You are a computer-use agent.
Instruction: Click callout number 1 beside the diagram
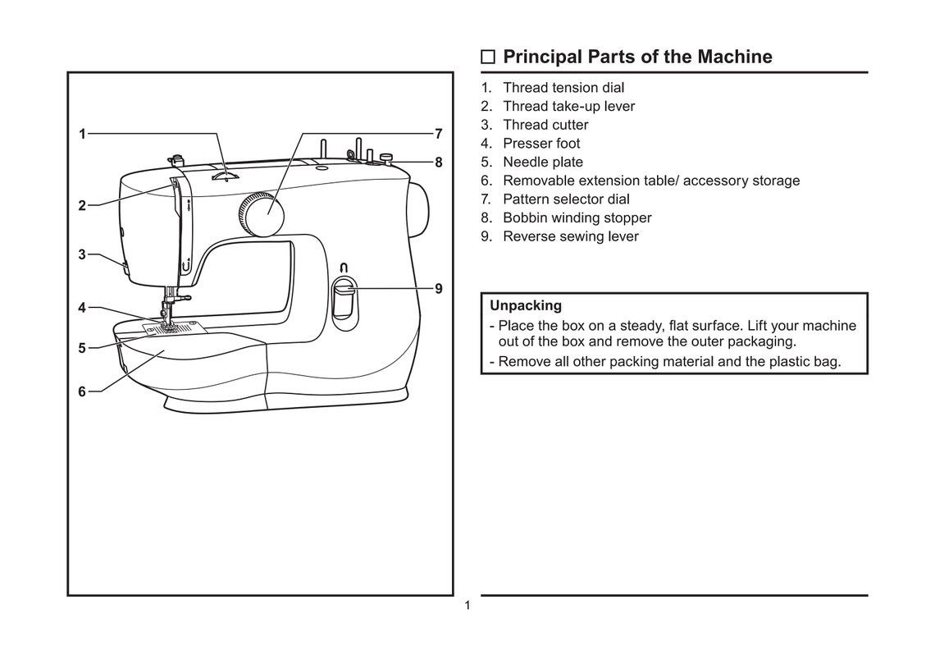[x=82, y=134]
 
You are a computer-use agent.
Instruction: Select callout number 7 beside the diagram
[x=439, y=134]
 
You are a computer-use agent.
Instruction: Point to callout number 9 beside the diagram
[x=439, y=289]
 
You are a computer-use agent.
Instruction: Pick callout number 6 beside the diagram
[x=82, y=391]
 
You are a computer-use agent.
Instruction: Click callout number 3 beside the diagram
[x=82, y=254]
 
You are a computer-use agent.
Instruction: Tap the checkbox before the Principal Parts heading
[x=488, y=57]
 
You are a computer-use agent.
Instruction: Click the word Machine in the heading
[x=734, y=57]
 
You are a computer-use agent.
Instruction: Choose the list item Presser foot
[x=541, y=144]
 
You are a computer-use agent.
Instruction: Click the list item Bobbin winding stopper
[x=577, y=217]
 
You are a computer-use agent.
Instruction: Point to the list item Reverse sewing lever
[x=570, y=236]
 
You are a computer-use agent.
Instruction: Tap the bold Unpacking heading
[x=526, y=305]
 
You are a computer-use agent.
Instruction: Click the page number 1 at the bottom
[x=467, y=606]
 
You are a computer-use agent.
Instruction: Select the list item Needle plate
[x=542, y=162]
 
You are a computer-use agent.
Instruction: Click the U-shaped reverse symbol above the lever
[x=344, y=267]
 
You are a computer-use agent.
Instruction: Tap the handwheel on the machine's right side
[x=419, y=208]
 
